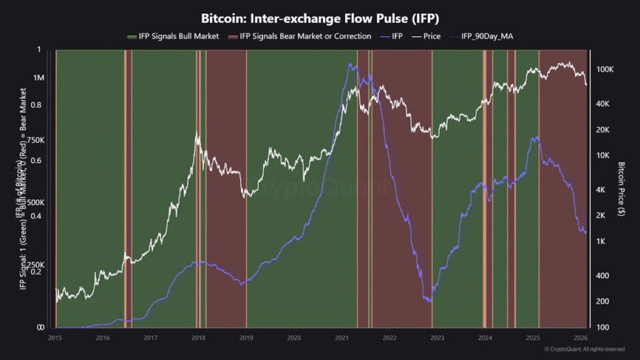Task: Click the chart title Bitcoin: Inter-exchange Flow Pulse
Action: click(x=320, y=18)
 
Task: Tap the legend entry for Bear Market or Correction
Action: click(x=305, y=36)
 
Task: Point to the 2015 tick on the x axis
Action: click(x=55, y=337)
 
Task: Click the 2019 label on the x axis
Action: click(x=246, y=337)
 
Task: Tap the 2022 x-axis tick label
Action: click(x=390, y=337)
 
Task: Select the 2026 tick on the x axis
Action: click(x=581, y=337)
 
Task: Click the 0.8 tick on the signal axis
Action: click(x=39, y=105)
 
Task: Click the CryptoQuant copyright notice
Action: click(x=584, y=349)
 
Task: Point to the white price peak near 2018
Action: click(x=197, y=133)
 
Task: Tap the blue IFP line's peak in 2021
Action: click(x=349, y=64)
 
